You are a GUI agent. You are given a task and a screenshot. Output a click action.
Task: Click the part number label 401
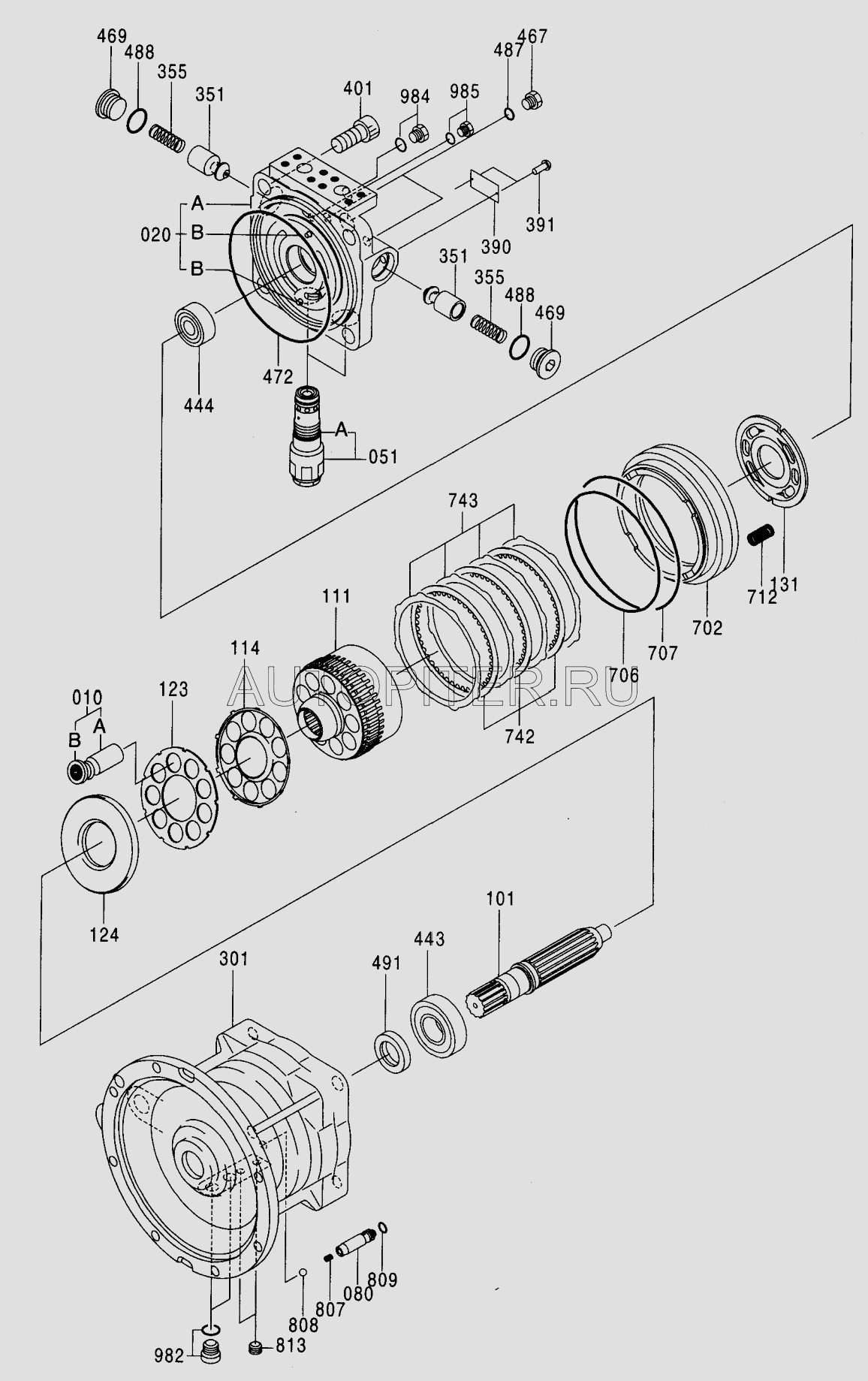tap(357, 88)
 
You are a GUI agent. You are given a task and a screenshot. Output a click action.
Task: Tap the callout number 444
tap(199, 406)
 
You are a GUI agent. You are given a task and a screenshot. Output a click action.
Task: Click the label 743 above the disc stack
tap(463, 500)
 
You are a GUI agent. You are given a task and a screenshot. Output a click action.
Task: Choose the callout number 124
tap(104, 935)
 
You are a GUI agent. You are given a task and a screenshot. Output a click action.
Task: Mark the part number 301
tap(234, 959)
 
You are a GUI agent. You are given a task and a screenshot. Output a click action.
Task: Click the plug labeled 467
tap(535, 100)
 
